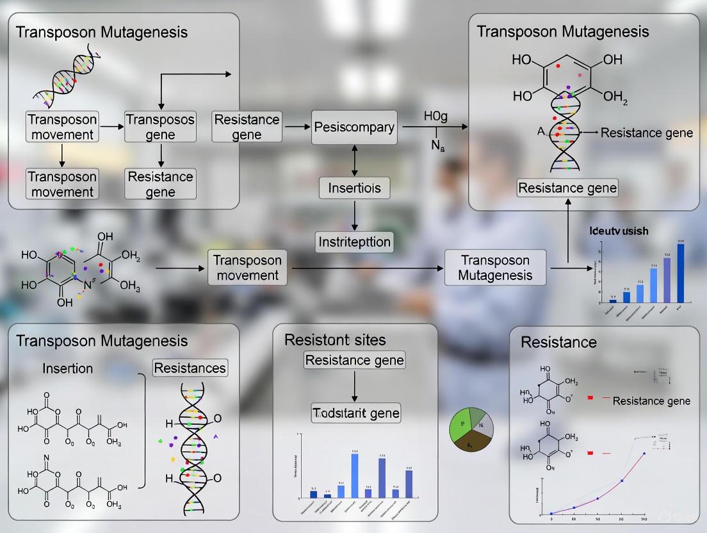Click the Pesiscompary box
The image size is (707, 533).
click(354, 127)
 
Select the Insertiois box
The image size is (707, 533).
click(354, 188)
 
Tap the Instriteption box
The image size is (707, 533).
click(354, 242)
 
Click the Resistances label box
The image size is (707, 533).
click(190, 368)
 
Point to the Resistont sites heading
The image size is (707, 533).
click(335, 340)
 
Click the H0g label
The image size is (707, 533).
click(435, 117)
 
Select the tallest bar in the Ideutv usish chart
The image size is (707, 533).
click(680, 273)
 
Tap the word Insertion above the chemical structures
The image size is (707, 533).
click(67, 368)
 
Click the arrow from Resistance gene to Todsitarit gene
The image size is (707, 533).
click(354, 387)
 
